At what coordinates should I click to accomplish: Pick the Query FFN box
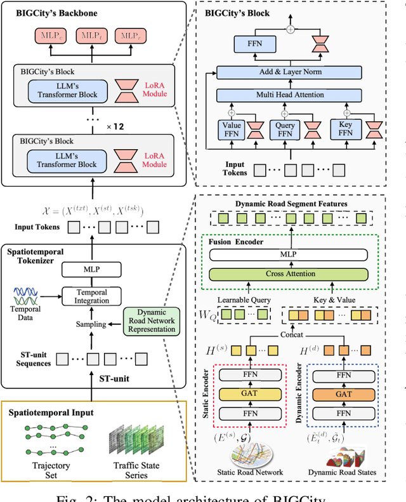coord(285,130)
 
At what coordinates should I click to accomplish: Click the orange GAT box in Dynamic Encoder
coord(343,393)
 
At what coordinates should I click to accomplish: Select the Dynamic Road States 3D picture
coord(343,452)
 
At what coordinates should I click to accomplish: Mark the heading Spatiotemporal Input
coord(51,413)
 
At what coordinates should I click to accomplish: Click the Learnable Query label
coord(243,299)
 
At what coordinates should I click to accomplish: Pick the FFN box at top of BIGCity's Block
coord(253,44)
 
